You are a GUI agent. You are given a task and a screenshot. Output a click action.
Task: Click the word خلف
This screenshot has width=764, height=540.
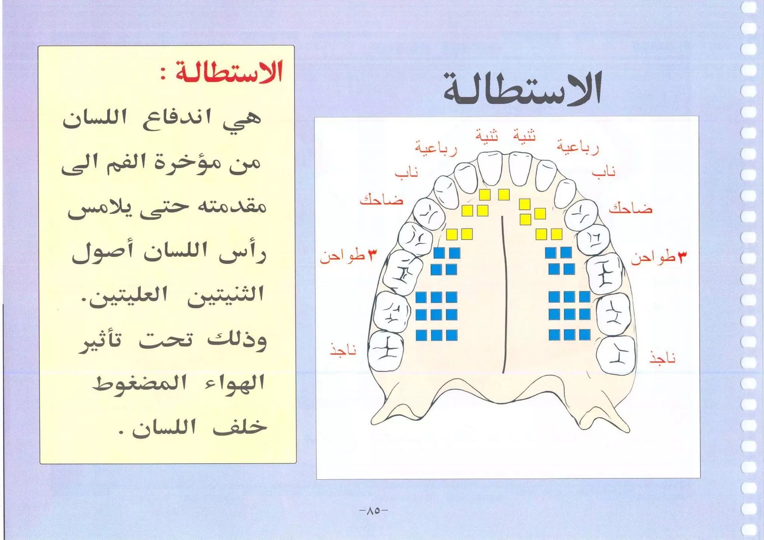239,428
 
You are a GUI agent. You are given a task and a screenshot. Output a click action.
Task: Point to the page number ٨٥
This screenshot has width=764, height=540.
373,511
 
